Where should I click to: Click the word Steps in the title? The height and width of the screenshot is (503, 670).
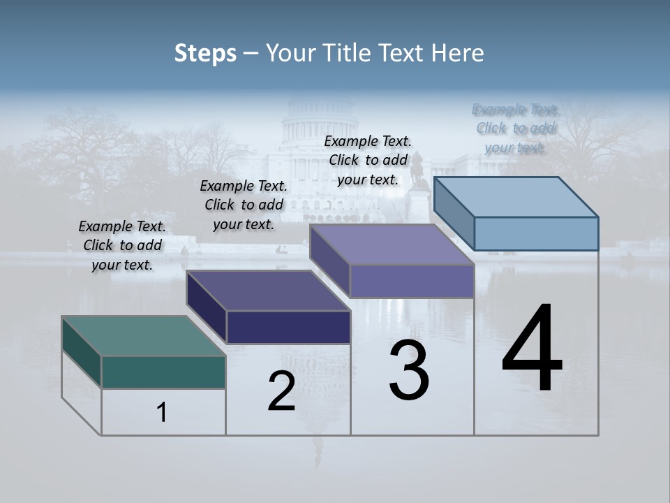[205, 52]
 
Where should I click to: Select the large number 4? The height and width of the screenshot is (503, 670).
[532, 349]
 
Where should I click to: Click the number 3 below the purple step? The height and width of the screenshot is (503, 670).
[409, 370]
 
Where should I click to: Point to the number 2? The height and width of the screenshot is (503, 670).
[281, 391]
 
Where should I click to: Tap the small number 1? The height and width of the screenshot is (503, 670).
[162, 413]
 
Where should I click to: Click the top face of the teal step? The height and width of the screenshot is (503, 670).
[143, 336]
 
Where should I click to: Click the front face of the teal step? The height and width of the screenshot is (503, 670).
[163, 372]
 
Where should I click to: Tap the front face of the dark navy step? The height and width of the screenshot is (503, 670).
[288, 327]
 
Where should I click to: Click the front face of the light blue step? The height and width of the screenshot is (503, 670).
[536, 233]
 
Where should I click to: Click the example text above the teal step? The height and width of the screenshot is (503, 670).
[122, 246]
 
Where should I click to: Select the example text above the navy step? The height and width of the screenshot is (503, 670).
[244, 205]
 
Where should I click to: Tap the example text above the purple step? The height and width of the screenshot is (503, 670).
[368, 160]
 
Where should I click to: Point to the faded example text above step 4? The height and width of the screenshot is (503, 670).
[516, 129]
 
